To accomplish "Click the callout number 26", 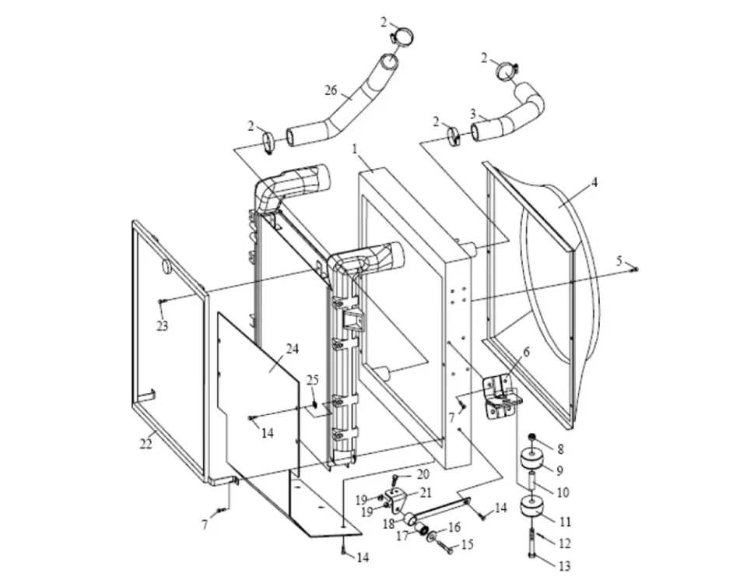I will click(330, 91).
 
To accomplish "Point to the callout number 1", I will click(354, 147).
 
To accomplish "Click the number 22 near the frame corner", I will click(146, 444).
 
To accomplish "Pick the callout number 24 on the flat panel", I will click(291, 349).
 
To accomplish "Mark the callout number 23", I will click(162, 326).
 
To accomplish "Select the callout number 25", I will click(312, 380).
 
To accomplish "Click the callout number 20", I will click(423, 474).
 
